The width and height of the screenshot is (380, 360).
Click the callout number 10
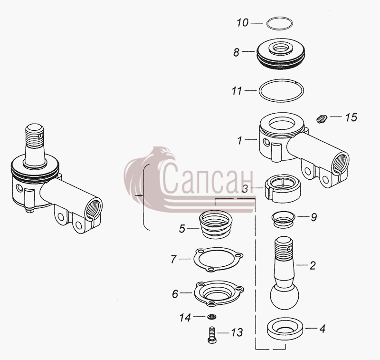[243, 23]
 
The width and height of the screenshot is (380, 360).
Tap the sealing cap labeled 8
[280, 53]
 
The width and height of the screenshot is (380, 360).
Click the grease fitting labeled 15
[322, 119]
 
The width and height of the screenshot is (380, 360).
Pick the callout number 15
[351, 117]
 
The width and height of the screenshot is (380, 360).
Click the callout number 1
[240, 140]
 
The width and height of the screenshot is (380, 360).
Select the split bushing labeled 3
[283, 188]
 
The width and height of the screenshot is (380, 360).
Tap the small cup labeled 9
[283, 220]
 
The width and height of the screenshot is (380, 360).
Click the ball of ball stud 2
[285, 296]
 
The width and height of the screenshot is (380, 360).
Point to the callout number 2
[313, 266]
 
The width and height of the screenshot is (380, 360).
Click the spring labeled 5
[216, 224]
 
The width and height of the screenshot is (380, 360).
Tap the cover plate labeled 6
[218, 293]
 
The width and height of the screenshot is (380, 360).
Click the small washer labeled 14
[212, 317]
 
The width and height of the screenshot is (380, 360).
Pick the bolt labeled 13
[212, 334]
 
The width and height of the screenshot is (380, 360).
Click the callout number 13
[237, 332]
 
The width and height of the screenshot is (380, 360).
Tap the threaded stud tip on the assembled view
[35, 136]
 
